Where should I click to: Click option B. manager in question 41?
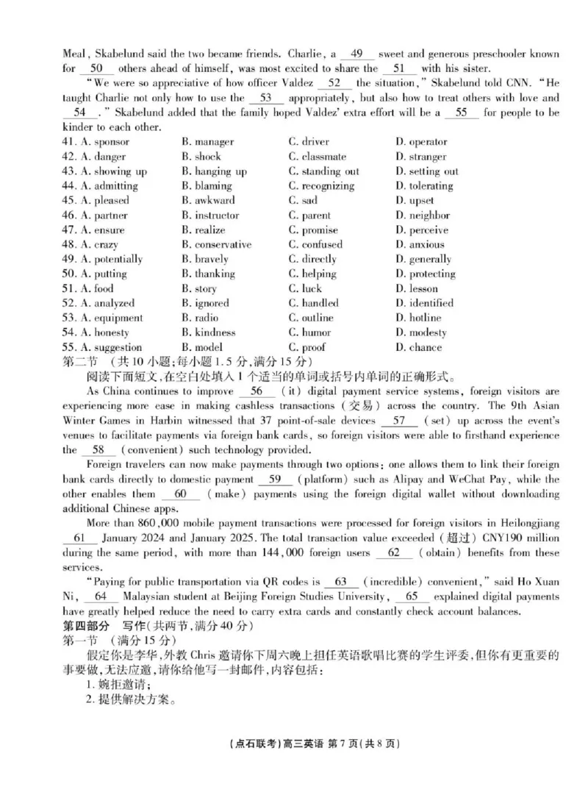(x=207, y=142)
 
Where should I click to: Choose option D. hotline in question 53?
(x=418, y=318)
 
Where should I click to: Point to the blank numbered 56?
(x=257, y=391)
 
